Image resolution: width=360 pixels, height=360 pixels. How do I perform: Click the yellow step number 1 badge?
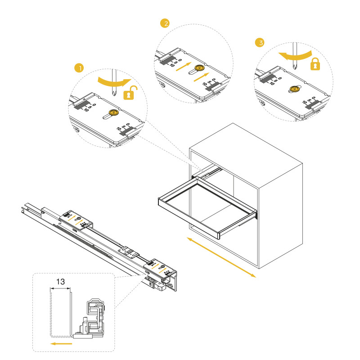(x=79, y=68)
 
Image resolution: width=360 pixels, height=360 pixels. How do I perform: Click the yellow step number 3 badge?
(x=260, y=43)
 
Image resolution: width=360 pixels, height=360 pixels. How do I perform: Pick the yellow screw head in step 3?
(x=294, y=89)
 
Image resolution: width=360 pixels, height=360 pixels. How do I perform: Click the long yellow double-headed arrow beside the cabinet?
(x=221, y=256)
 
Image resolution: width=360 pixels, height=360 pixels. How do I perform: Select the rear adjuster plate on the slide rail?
(x=77, y=219)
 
